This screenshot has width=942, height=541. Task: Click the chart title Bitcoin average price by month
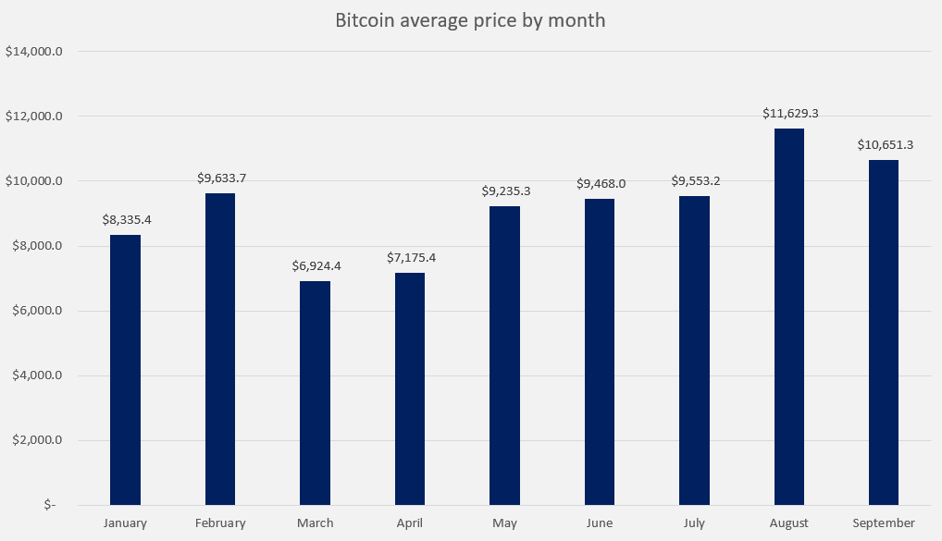(x=470, y=20)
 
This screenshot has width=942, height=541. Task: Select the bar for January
(x=126, y=370)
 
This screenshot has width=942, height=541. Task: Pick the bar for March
(x=316, y=393)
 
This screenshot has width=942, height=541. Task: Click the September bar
(x=884, y=333)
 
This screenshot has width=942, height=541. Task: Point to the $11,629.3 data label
(x=790, y=114)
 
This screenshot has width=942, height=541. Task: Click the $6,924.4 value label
(x=316, y=266)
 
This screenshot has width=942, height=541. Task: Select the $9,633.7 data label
(x=220, y=178)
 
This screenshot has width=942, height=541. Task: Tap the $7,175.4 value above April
(x=410, y=258)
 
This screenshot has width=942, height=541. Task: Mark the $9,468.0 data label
(x=600, y=184)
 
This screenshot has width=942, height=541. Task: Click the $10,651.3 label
(x=885, y=145)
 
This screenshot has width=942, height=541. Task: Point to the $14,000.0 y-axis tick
(x=34, y=52)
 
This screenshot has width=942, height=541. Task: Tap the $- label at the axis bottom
(x=49, y=505)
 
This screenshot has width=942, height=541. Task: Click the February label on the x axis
(x=220, y=523)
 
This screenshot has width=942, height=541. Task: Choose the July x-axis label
(x=694, y=523)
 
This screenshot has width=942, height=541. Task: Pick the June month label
(x=600, y=523)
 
